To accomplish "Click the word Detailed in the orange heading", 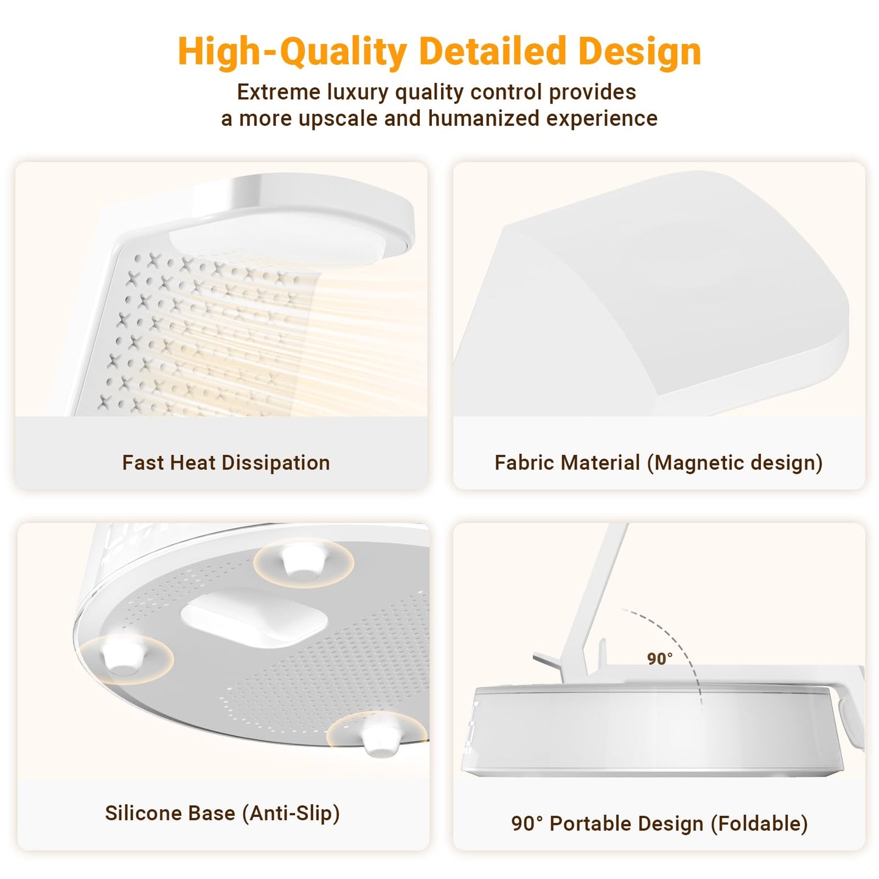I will pos(493,51).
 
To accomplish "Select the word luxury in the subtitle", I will pos(358,92).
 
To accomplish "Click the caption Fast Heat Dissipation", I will pos(226,463).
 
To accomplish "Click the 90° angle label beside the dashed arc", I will pos(659,659).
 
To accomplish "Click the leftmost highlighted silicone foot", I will pos(125,658).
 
